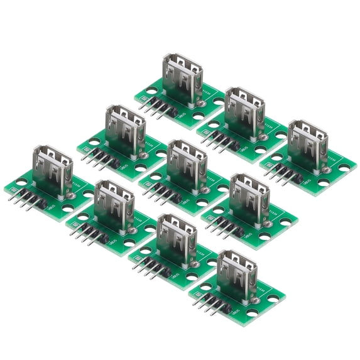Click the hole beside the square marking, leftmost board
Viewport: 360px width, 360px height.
[22, 183]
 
